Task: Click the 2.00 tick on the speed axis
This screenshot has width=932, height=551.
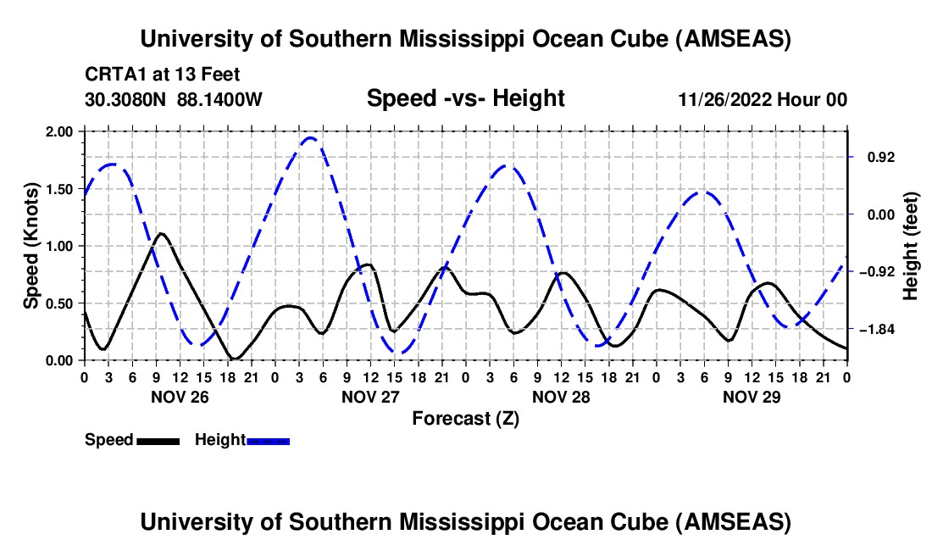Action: coord(60,132)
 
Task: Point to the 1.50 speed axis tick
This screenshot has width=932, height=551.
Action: coord(60,189)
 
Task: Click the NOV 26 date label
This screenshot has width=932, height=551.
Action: coord(179,397)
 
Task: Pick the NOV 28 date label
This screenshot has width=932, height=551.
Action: coord(560,397)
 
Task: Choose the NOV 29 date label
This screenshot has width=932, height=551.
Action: coord(751,397)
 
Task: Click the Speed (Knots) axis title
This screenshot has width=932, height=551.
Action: coord(31,245)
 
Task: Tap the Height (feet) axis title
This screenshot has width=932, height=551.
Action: coord(911,246)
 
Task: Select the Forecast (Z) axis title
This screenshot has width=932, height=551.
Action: coord(465,418)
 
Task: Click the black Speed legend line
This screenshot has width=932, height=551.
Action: coord(158,440)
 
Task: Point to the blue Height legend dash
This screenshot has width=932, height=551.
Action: coord(269,440)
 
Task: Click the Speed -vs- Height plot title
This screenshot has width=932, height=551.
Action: coord(465,98)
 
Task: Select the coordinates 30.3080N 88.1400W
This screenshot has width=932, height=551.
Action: coord(174,99)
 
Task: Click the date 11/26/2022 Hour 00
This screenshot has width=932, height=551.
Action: coord(763,99)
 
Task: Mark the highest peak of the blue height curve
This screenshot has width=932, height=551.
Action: coord(310,137)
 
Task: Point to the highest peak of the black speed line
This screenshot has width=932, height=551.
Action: coord(160,233)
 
